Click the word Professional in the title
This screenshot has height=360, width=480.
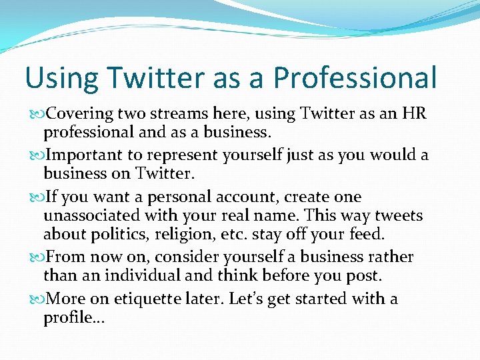(x=355, y=78)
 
